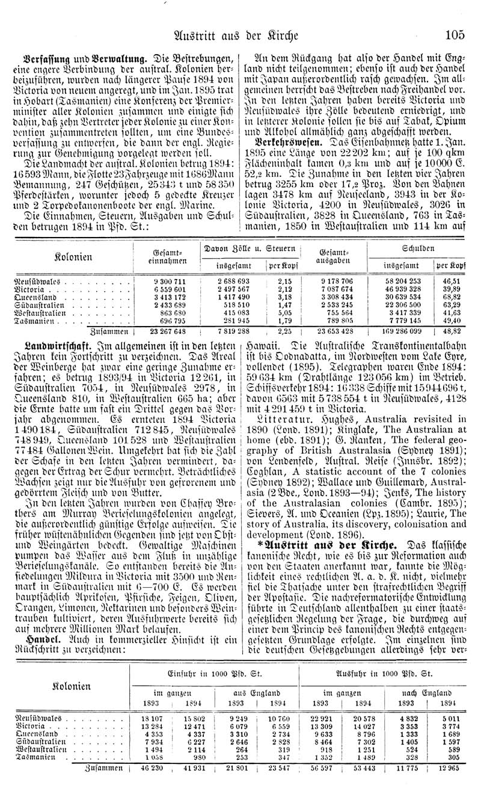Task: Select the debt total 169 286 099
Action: tap(399, 331)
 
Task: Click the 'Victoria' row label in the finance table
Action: tap(30, 289)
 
